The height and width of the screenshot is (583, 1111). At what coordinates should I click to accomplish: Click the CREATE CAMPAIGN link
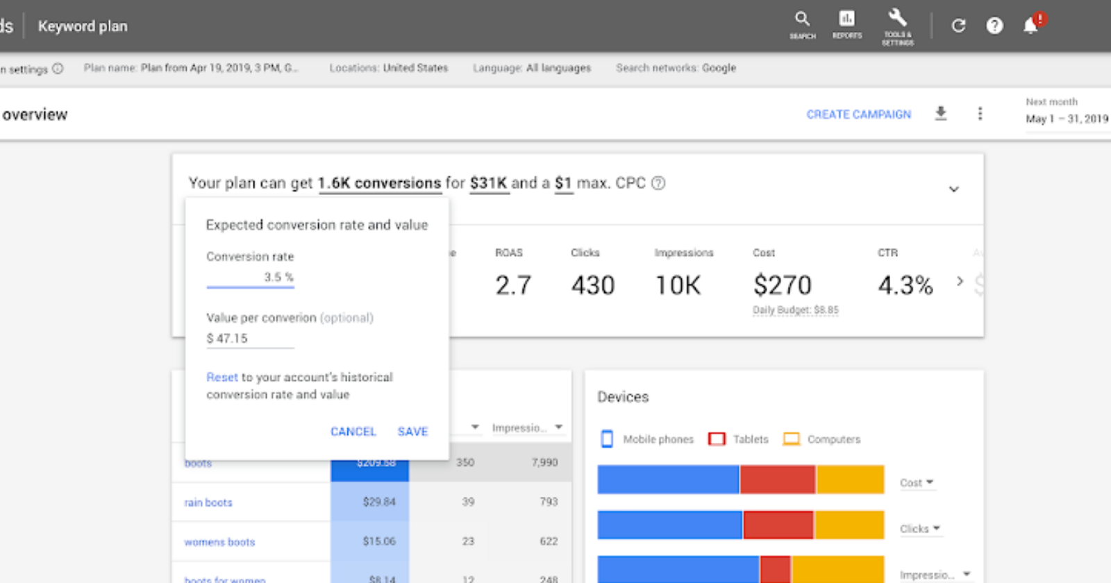point(858,115)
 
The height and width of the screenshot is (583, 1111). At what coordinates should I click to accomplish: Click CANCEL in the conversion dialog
point(353,432)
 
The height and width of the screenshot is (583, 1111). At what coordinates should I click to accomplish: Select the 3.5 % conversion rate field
point(251,277)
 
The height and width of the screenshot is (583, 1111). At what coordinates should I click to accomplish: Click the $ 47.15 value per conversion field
point(250,339)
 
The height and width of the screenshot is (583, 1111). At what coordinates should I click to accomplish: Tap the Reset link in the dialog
point(222,378)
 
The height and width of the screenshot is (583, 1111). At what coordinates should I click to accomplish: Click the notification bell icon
point(1030,26)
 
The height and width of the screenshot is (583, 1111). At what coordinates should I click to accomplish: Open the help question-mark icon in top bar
point(994,26)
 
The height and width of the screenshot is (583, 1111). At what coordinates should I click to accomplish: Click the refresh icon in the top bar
point(958,26)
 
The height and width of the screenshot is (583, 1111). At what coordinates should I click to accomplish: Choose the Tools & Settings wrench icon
point(897,26)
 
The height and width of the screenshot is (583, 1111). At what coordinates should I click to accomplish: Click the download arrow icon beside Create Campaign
point(941,113)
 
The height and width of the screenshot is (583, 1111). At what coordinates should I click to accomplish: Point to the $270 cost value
point(782,285)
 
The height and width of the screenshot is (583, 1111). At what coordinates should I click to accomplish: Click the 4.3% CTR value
point(905,285)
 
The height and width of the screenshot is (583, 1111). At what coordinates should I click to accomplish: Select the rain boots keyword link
point(208,502)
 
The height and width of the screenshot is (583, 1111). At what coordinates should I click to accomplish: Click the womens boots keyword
point(219,542)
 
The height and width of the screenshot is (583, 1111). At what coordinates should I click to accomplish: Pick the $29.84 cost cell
point(378,502)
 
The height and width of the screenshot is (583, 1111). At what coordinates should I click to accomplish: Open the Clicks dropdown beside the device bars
point(919,529)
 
